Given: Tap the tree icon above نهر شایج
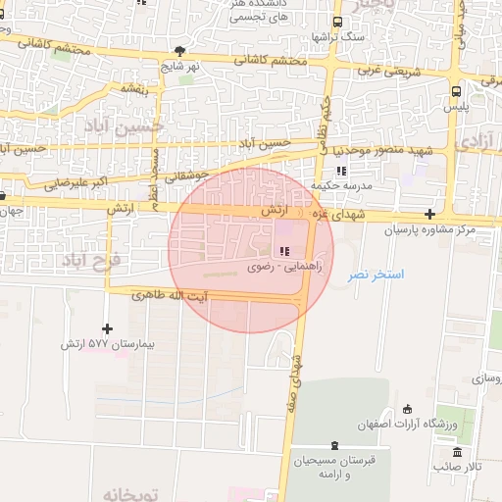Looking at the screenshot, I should coord(178,50).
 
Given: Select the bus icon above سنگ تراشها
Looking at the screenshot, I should coord(337,22).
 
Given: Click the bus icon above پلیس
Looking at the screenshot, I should coord(456,90).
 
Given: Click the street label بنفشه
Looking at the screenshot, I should coord(133,87).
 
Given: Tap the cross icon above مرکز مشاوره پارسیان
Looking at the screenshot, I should coord(430,214).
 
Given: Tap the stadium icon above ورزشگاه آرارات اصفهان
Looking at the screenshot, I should coord(409,409).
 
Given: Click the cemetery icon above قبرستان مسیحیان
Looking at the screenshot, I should coord(336,445).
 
